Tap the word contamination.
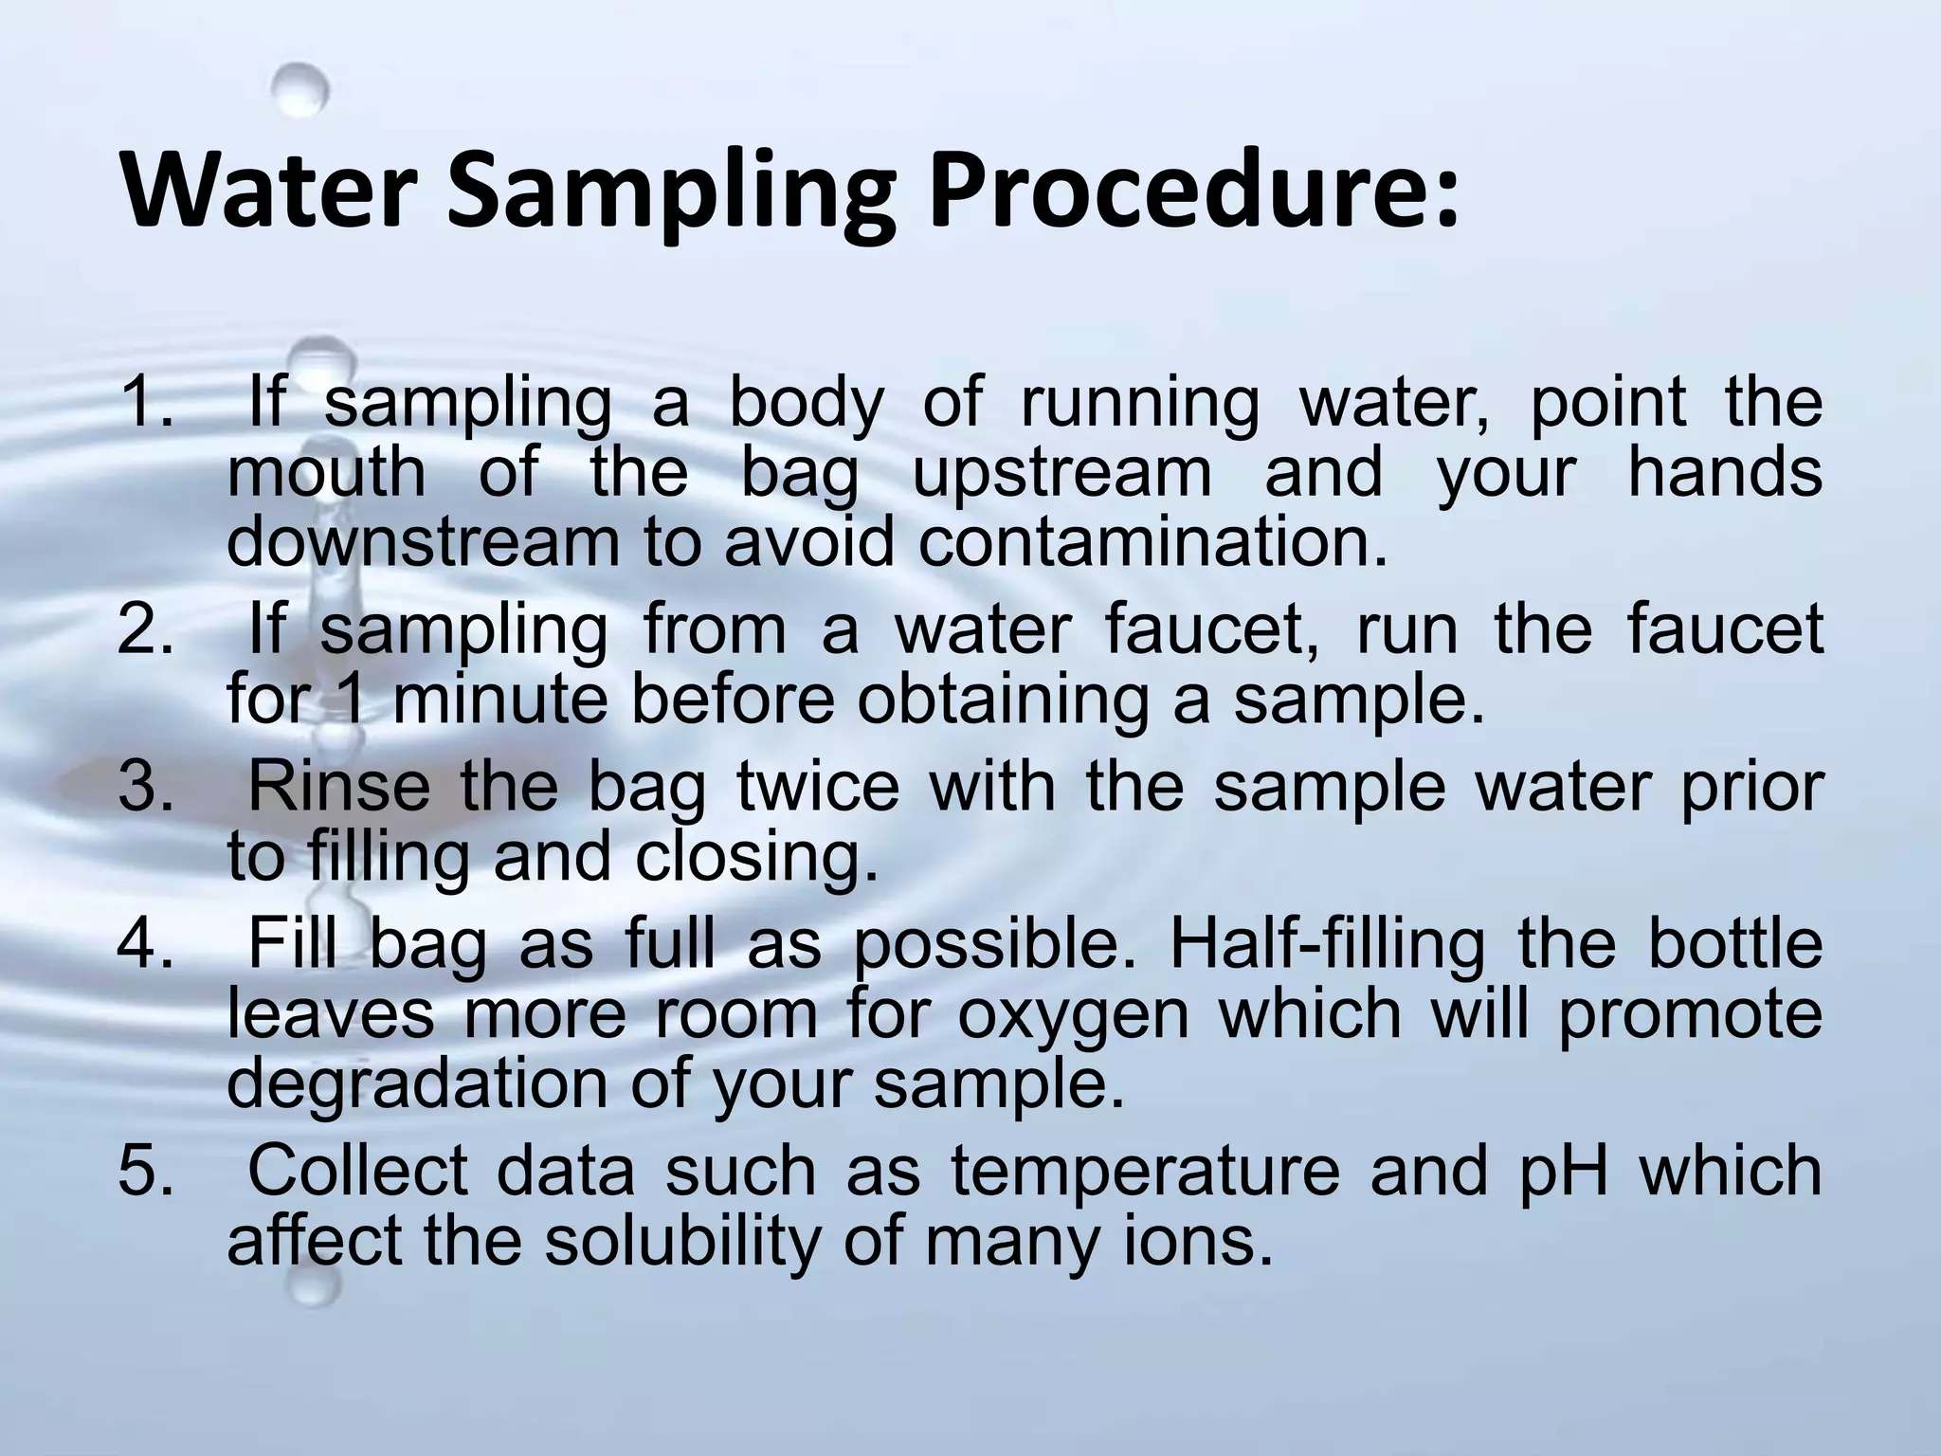coord(1152,542)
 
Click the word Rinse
coord(338,787)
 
